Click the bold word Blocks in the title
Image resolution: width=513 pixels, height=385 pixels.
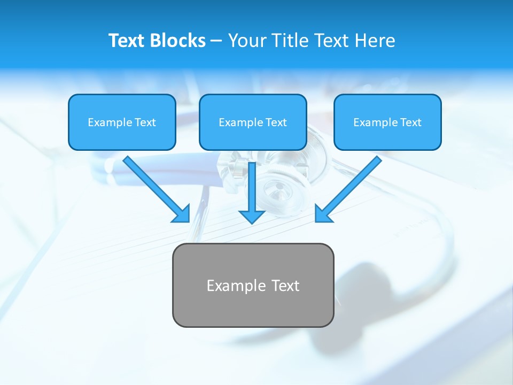pyautogui.click(x=177, y=41)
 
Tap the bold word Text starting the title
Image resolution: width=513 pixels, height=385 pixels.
pyautogui.click(x=127, y=41)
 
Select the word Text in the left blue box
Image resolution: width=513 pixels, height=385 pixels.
pyautogui.click(x=145, y=122)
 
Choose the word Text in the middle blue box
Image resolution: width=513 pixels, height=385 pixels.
pyautogui.click(x=276, y=122)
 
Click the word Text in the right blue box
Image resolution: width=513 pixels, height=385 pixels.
pyautogui.click(x=411, y=122)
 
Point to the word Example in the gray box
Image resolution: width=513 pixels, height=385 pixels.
pyautogui.click(x=236, y=286)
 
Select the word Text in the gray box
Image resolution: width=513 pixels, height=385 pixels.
pyautogui.click(x=285, y=286)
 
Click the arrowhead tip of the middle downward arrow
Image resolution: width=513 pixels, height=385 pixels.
pyautogui.click(x=252, y=222)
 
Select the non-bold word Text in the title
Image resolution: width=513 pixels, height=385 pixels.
pyautogui.click(x=330, y=41)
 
